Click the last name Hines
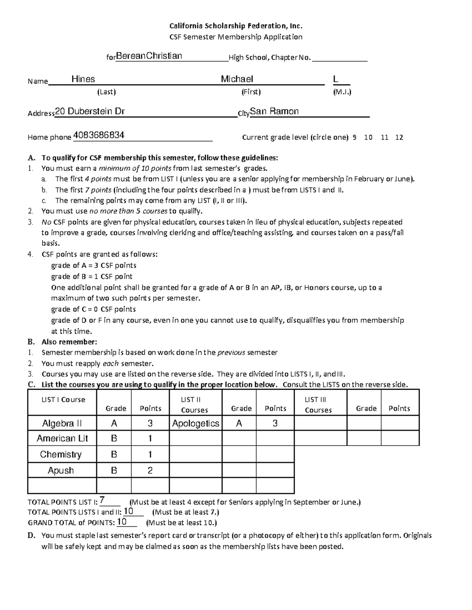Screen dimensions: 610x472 coord(83,79)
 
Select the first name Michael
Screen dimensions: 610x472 coord(237,79)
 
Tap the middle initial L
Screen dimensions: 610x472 coord(336,79)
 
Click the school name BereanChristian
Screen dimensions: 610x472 coord(149,56)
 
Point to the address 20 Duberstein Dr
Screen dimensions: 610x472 coord(90,112)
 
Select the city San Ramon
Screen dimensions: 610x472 coord(275,112)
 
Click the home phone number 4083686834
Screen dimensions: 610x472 coord(99,136)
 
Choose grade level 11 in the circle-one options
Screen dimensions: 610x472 coord(385,137)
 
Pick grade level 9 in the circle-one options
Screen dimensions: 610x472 coord(355,137)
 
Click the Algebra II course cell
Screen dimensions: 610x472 coord(62,423)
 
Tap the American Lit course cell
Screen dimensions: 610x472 coord(62,438)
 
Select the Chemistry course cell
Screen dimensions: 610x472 coord(61,454)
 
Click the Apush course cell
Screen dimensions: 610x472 coord(61,471)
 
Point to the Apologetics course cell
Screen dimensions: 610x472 coord(195,423)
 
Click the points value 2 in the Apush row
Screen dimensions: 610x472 coord(150,471)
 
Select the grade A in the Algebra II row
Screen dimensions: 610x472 coord(114,423)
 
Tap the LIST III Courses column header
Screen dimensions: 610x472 coord(318,405)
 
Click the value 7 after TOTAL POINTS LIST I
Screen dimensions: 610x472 coord(102,500)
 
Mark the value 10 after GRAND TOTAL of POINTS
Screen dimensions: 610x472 coord(122,522)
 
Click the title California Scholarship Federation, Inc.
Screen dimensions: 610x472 coord(236,26)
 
